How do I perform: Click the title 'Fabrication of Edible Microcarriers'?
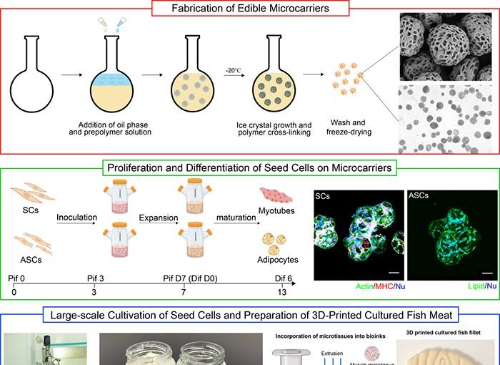pyautogui.click(x=249, y=9)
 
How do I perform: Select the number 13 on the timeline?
pyautogui.click(x=282, y=292)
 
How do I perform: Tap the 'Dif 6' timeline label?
pyautogui.click(x=283, y=277)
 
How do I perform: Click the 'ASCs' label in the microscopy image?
pyautogui.click(x=418, y=194)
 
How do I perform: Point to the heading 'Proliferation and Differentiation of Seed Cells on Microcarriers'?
pyautogui.click(x=249, y=168)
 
